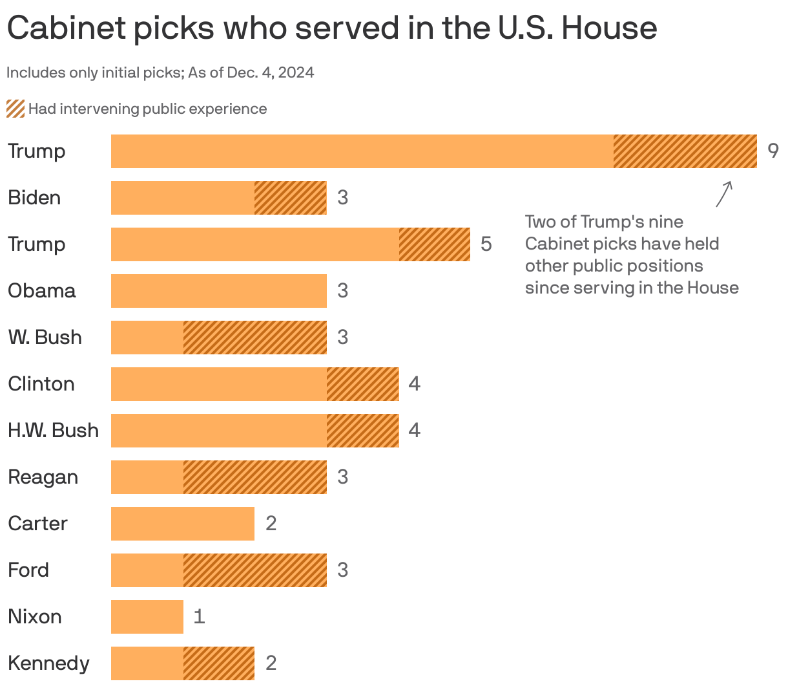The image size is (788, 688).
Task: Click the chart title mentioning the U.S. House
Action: [331, 28]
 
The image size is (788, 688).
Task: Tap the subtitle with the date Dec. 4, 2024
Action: [160, 72]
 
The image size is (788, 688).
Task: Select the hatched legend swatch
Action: [16, 109]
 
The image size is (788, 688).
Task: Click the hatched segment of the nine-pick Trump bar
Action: [685, 151]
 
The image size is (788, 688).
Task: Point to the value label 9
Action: [772, 151]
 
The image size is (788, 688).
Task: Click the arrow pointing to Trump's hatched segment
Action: [724, 193]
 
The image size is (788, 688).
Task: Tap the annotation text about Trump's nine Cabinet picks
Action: [631, 255]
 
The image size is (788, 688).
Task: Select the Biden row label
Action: [34, 198]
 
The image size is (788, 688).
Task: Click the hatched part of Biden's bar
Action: [290, 198]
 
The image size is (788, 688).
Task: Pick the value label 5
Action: [486, 244]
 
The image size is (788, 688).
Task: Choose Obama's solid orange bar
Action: [218, 291]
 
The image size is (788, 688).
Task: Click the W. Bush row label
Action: [45, 338]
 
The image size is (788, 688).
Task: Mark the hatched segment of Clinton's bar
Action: [362, 384]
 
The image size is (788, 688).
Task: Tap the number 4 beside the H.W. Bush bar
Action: [414, 431]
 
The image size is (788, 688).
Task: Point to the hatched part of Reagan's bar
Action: [254, 477]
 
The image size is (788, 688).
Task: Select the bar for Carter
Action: [183, 524]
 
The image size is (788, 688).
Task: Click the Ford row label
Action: [28, 570]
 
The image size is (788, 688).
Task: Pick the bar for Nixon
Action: [147, 617]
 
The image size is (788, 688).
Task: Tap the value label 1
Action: [199, 617]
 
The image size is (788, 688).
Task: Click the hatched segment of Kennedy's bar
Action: [218, 663]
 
